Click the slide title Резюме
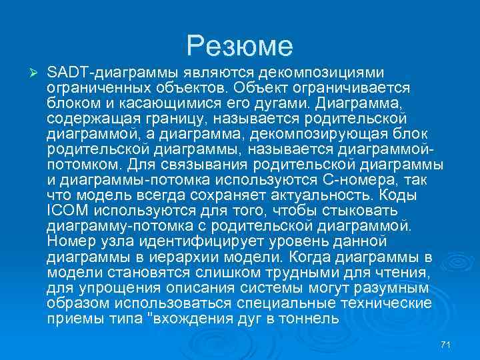tap(240, 46)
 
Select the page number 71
tap(447, 344)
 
